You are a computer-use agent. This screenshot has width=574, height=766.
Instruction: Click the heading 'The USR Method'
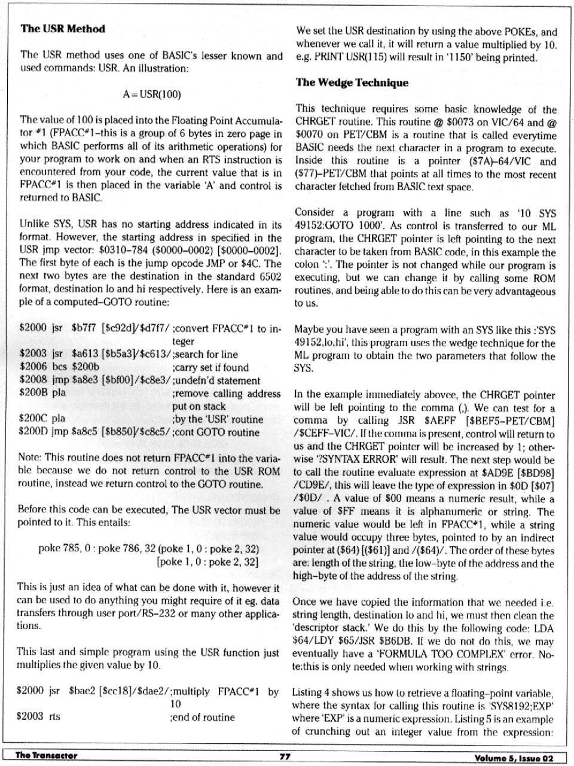click(63, 29)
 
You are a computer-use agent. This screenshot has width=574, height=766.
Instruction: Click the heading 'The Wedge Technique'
click(352, 83)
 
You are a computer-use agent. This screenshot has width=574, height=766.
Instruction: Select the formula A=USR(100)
click(151, 94)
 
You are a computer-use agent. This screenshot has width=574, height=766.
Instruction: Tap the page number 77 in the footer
click(285, 756)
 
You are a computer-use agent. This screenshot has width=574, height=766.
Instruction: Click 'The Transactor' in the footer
click(46, 756)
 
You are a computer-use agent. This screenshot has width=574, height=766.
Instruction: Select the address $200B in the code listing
click(33, 393)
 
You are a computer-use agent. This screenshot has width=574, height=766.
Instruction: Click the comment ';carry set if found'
click(210, 367)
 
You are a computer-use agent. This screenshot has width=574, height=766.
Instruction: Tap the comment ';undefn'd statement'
click(216, 380)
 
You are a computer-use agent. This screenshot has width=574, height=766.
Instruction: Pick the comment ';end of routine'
click(203, 717)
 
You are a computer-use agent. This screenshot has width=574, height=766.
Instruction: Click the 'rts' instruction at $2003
click(55, 717)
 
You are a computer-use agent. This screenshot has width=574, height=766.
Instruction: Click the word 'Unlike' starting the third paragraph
click(34, 225)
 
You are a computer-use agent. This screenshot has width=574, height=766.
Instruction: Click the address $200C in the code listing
click(33, 419)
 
